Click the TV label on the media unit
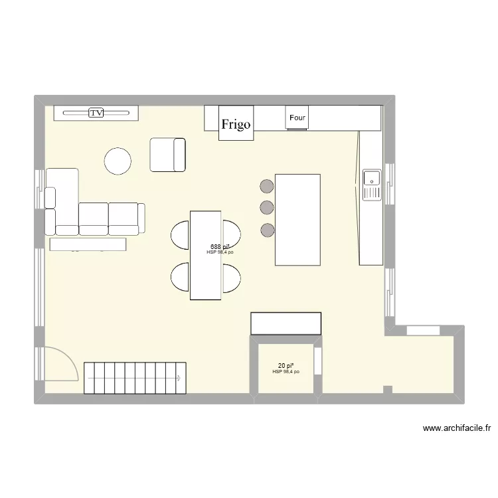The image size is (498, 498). (x=97, y=114)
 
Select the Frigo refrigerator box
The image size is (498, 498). (x=236, y=124)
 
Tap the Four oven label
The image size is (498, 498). (x=297, y=118)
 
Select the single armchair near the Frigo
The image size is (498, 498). (x=167, y=154)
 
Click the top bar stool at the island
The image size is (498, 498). (x=267, y=187)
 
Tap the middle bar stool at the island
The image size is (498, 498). (x=267, y=208)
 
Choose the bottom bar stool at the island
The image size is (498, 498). (x=267, y=230)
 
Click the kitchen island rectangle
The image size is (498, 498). (x=297, y=219)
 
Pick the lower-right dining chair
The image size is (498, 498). (x=232, y=278)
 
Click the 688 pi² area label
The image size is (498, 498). (x=220, y=246)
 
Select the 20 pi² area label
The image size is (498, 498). (x=286, y=366)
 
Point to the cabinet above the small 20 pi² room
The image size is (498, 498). (x=286, y=323)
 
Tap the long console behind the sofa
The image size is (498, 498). (x=88, y=244)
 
